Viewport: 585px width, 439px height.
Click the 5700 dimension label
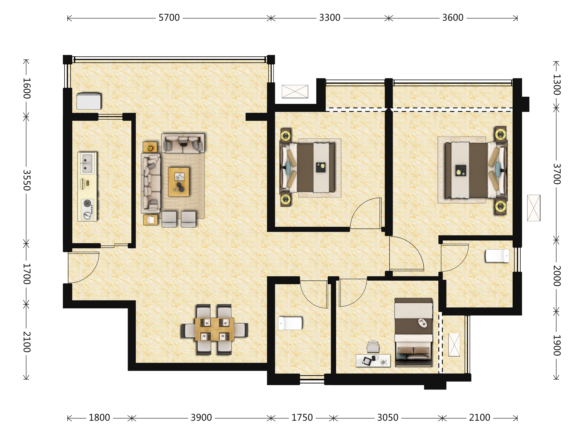[169, 18]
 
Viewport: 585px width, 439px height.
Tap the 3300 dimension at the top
[330, 18]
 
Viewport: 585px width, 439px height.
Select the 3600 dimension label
[453, 18]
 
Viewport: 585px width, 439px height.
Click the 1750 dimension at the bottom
[302, 418]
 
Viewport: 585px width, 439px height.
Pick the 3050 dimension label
[388, 418]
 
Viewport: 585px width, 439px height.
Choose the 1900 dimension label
[557, 345]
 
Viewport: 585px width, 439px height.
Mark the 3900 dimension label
[201, 418]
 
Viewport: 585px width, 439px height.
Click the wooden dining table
[214, 329]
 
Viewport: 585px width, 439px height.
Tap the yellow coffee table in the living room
[179, 182]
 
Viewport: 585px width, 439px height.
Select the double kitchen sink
[87, 163]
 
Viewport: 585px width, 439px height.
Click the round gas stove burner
[87, 203]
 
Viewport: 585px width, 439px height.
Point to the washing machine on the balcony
[88, 101]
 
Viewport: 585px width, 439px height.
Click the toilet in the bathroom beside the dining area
[290, 323]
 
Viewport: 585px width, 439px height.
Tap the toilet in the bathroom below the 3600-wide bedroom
[497, 256]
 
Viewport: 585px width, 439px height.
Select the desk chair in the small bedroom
[373, 347]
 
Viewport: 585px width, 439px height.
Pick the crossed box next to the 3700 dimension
[534, 208]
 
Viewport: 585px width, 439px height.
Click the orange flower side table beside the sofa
[150, 147]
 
